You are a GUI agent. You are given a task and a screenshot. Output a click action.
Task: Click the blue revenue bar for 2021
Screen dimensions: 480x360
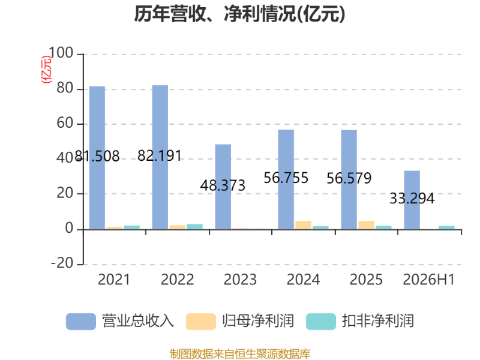97,158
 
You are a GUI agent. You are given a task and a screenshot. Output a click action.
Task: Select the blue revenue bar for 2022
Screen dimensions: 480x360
160,157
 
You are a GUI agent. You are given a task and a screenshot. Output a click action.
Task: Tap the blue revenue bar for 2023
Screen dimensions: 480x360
223,187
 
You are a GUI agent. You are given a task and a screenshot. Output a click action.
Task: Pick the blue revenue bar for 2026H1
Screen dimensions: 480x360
412,200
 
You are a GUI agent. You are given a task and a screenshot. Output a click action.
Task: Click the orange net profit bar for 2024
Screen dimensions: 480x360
304,225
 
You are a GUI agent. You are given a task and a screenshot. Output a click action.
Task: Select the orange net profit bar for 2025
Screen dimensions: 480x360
367,225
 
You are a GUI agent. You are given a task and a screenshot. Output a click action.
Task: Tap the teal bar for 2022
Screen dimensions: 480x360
194,227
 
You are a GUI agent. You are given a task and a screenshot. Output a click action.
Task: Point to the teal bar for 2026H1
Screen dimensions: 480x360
446,227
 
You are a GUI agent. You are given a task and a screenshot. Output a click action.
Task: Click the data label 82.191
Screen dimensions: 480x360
160,155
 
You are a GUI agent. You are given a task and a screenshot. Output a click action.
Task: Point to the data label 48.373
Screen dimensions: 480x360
223,185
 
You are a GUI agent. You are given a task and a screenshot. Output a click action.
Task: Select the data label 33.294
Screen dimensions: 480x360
412,199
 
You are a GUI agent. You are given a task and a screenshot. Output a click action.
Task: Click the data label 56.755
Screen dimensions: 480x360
286,178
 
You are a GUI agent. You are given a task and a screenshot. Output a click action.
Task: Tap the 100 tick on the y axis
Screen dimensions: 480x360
61,53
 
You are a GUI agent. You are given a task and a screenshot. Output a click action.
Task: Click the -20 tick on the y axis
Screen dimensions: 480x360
62,263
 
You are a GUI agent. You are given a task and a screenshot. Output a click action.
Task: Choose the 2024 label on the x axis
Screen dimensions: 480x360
303,280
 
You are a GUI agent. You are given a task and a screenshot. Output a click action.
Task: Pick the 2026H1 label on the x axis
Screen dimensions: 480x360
428,280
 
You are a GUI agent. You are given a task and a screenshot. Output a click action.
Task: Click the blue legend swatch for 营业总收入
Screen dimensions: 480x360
81,322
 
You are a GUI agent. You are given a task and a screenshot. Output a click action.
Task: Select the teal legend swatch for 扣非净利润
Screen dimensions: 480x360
321,322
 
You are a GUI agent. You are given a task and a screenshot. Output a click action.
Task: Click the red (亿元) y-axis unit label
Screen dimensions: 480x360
47,70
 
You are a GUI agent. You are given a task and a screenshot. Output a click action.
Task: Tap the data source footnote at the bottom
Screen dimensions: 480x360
240,354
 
